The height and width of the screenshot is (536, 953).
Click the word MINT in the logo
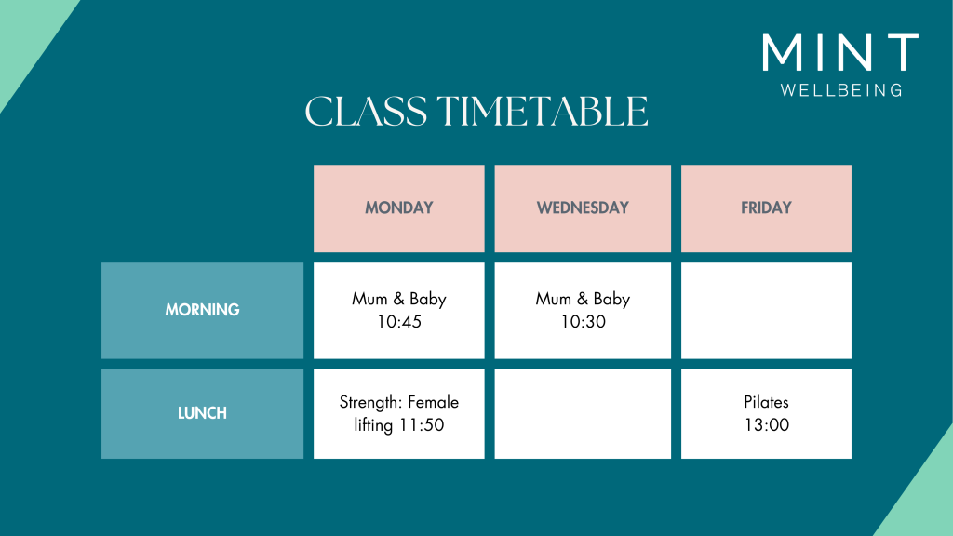840,52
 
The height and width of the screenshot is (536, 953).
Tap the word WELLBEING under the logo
841,90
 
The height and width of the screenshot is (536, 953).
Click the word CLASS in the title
366,112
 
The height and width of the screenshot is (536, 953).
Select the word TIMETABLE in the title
543,112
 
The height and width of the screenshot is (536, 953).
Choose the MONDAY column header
398,208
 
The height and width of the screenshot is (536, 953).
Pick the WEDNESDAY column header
583,208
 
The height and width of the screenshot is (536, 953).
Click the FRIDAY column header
766,208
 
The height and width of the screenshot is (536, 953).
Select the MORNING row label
202,310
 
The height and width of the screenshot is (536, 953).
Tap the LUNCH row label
202,413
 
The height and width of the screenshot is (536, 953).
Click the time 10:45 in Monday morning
398,321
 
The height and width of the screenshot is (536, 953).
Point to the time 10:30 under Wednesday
583,321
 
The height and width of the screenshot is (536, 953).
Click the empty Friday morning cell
766,311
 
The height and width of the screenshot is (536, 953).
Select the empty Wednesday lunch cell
583,414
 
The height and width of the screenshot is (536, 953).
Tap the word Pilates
766,402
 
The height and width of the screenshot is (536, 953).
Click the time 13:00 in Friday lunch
767,424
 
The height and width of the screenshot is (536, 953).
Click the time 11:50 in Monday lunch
422,424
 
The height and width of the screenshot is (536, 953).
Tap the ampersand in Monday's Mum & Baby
398,299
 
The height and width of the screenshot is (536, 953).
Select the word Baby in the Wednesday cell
611,300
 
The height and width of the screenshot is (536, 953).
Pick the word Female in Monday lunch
434,402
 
